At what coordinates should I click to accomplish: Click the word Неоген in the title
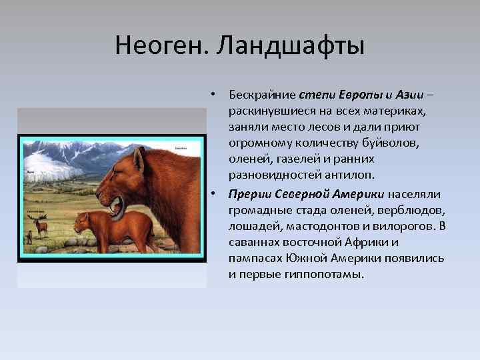[x=155, y=47]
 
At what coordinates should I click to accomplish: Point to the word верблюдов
[x=411, y=209]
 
